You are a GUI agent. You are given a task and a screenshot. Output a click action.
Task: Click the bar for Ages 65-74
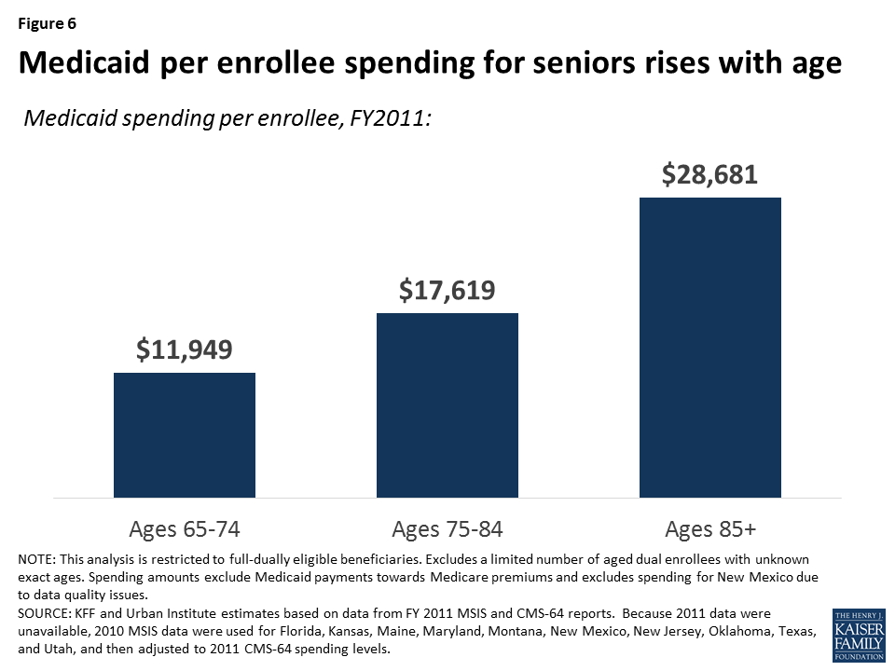point(185,434)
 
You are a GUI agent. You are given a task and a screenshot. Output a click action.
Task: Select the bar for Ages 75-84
point(447,404)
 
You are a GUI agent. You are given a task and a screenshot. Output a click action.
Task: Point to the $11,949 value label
point(184,350)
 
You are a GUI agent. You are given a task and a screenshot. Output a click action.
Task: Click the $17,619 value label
point(447,291)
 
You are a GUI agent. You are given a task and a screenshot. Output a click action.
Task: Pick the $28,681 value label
point(709,174)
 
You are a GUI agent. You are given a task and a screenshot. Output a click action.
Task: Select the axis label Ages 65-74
point(184,529)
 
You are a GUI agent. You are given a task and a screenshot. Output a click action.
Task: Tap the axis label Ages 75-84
point(447,529)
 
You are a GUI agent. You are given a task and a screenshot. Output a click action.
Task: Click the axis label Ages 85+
point(710,529)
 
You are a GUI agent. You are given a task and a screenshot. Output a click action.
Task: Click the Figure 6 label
point(47,24)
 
